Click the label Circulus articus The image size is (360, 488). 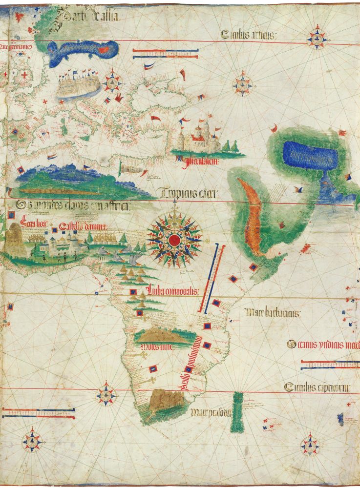pyautogui.click(x=249, y=35)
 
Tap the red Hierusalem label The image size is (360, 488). pyautogui.click(x=200, y=161)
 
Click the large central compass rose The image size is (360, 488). pyautogui.click(x=174, y=239)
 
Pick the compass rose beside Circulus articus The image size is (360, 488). pyautogui.click(x=317, y=39)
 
